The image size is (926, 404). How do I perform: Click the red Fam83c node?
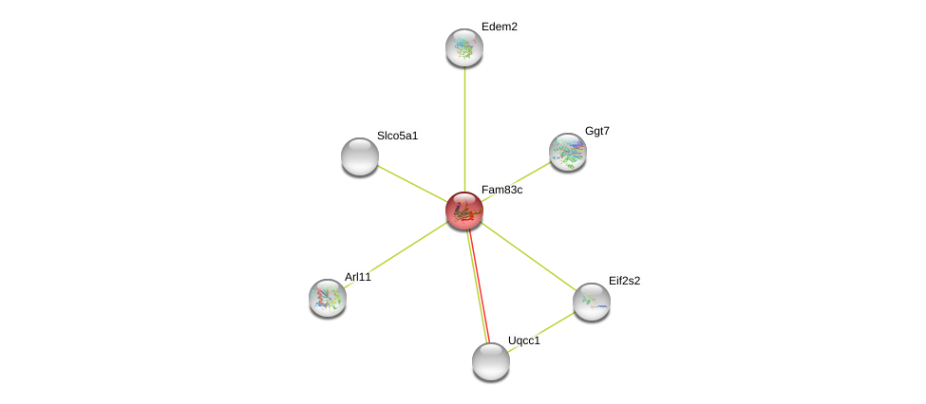(464, 211)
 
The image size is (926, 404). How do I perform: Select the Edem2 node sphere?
(464, 47)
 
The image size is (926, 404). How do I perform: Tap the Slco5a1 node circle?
(360, 156)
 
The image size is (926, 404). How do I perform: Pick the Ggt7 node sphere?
(568, 152)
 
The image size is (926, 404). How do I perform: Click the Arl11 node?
(328, 298)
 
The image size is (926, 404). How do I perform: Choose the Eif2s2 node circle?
(592, 302)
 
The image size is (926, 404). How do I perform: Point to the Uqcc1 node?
(491, 361)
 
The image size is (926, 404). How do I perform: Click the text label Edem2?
(499, 27)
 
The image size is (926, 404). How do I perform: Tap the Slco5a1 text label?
(397, 136)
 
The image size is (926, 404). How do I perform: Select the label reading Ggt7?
(596, 131)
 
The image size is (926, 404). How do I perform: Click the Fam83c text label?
(501, 190)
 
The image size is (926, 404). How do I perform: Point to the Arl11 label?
(358, 277)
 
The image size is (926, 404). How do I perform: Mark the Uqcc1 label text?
(523, 340)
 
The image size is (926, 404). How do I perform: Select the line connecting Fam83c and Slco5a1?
(411, 183)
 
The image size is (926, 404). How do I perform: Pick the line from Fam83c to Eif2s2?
(528, 256)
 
